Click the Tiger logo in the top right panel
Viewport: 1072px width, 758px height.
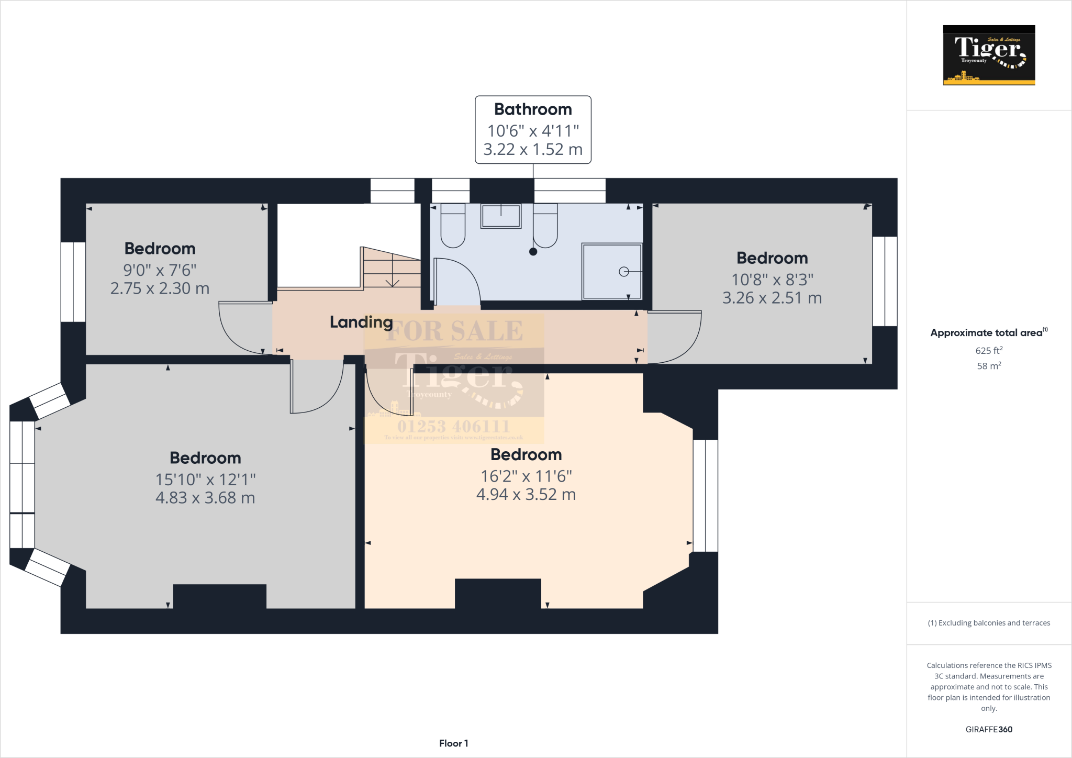989,55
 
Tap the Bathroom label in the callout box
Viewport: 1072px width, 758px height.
533,109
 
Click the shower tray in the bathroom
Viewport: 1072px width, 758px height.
611,271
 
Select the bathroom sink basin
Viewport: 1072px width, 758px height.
501,216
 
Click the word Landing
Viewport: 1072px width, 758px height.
361,322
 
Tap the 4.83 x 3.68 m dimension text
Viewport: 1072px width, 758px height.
205,498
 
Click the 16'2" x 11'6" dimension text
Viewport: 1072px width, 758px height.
526,476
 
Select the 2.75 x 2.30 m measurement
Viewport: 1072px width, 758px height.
160,288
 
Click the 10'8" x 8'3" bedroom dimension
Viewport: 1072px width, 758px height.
772,280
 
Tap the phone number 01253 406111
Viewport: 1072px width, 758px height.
453,426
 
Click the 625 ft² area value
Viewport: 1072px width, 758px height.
989,351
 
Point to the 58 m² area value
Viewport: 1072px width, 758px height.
989,366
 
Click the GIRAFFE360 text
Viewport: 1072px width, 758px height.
989,729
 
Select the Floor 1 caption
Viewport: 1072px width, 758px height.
453,743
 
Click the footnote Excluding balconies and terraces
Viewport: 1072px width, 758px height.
989,623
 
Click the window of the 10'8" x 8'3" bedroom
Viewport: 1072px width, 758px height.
885,281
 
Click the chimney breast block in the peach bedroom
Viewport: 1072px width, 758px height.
497,593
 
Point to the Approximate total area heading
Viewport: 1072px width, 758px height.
986,333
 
